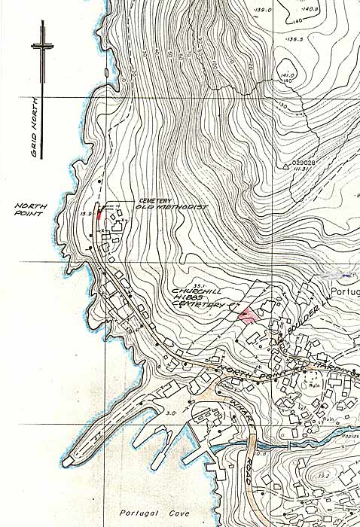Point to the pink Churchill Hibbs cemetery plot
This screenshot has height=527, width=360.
pyautogui.click(x=246, y=315)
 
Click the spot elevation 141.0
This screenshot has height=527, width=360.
pyautogui.click(x=286, y=76)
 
